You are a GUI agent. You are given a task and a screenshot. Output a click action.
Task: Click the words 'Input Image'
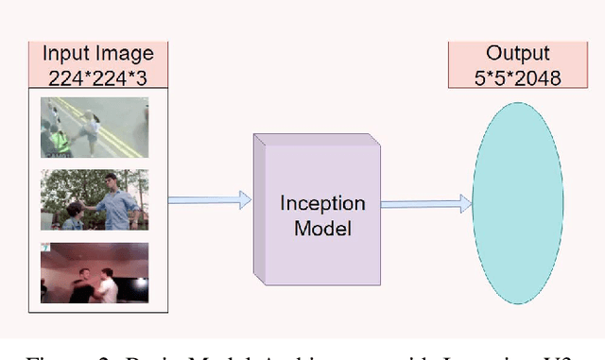pyautogui.click(x=97, y=53)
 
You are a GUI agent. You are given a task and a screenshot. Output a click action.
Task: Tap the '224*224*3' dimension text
pyautogui.click(x=97, y=75)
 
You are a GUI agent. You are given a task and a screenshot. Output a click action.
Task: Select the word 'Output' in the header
pyautogui.click(x=517, y=53)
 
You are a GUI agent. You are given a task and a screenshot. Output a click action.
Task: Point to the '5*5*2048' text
pyautogui.click(x=517, y=77)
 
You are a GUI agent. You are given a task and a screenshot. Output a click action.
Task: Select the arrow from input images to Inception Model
pyautogui.click(x=209, y=199)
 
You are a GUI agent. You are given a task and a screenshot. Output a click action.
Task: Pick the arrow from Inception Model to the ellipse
pyautogui.click(x=425, y=201)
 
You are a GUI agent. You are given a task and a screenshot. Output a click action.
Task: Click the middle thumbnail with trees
pyautogui.click(x=95, y=199)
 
